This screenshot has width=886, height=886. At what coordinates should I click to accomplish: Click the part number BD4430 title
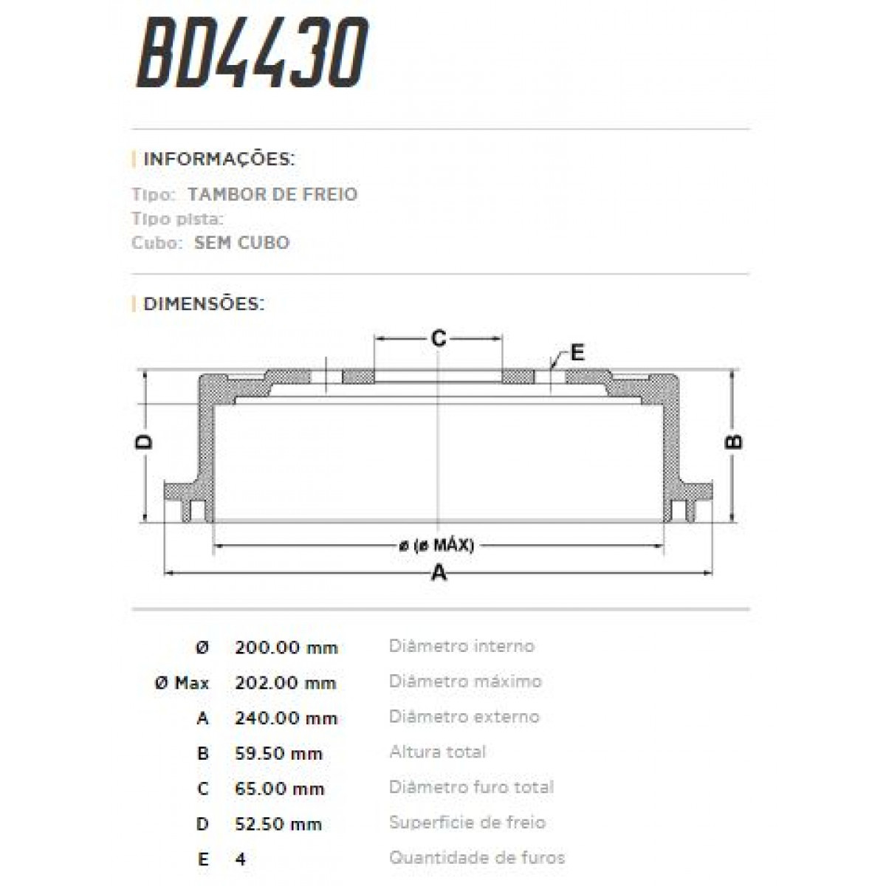(252, 55)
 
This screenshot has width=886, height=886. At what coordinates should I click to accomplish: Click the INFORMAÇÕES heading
(219, 159)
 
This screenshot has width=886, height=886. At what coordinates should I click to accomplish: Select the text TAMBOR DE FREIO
(272, 195)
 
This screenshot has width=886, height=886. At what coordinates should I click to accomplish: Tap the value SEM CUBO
(241, 243)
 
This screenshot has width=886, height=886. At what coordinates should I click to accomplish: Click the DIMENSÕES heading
(203, 304)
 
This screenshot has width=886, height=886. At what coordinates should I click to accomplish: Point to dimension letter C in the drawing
(439, 338)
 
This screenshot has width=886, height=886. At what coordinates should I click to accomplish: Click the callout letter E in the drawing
(577, 352)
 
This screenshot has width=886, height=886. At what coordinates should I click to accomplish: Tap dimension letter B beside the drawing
(734, 442)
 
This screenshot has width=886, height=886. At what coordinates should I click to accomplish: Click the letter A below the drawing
(439, 572)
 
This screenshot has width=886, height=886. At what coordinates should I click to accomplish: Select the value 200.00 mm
(286, 648)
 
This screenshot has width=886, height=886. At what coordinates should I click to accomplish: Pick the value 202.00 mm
(286, 683)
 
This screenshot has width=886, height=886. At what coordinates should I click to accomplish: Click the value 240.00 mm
(286, 718)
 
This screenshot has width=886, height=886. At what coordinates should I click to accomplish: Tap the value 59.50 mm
(278, 754)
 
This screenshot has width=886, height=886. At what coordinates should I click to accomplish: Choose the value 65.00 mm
(279, 789)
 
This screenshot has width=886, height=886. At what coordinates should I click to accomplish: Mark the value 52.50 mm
(278, 824)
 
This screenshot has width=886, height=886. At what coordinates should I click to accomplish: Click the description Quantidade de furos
(476, 858)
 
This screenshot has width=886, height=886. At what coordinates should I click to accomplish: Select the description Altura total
(437, 752)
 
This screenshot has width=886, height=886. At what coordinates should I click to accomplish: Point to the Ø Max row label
(182, 683)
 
